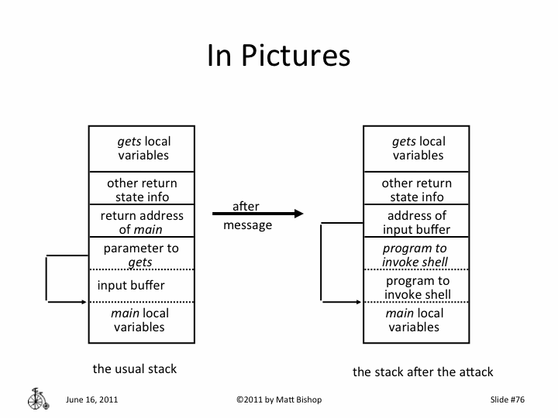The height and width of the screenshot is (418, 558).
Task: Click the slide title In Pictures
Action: pos(278,56)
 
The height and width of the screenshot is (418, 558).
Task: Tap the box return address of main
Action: pos(142,222)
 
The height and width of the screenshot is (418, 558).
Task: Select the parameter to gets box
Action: pos(142,255)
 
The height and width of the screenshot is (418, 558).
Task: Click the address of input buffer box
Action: pos(417,222)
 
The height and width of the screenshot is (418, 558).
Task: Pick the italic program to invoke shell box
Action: pos(417,255)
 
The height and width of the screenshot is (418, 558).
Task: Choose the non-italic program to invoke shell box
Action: pos(417,287)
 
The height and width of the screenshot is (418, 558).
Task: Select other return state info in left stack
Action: pos(142,190)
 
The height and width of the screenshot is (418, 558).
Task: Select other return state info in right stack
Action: pos(417,190)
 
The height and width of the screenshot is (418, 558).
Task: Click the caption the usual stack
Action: pos(135,368)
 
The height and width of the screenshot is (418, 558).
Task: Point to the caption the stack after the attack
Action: pos(422,372)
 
